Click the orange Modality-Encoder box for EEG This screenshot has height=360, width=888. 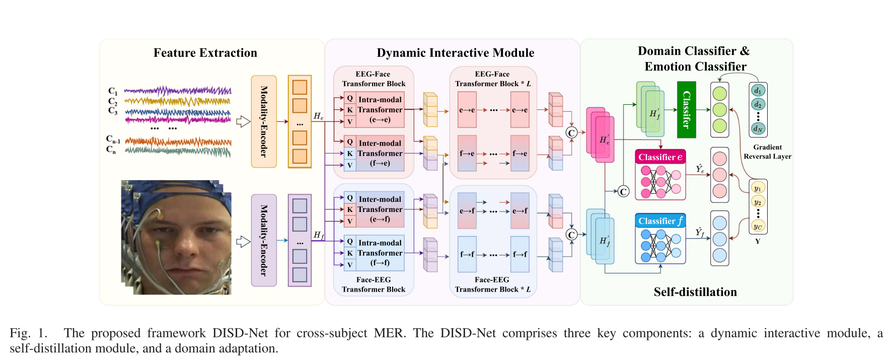264,121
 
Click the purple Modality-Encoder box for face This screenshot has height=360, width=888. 264,240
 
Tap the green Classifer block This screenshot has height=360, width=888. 686,110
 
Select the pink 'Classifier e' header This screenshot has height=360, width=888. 660,157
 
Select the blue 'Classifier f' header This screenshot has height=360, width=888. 660,221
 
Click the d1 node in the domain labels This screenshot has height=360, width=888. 758,91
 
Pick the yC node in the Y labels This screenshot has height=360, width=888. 758,227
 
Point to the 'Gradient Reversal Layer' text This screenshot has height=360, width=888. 767,152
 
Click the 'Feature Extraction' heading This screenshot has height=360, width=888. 205,53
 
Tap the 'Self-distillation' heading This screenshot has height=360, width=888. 695,292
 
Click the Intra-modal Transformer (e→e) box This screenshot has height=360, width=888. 380,110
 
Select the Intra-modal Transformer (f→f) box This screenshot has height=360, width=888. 380,253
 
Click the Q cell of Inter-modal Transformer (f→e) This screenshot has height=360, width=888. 350,142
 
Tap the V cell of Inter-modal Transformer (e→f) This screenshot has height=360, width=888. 350,221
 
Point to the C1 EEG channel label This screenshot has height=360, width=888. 113,91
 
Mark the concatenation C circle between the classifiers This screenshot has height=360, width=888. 623,191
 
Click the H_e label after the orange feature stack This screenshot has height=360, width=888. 319,116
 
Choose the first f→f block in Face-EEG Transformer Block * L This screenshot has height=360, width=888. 467,254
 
